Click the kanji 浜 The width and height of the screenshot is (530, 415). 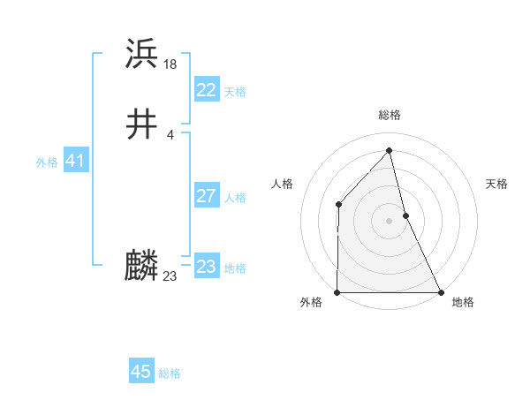coord(142,55)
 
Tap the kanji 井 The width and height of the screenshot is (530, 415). coord(142,125)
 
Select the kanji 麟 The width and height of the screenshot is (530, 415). coord(142,266)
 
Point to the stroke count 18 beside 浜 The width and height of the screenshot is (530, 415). coord(171,64)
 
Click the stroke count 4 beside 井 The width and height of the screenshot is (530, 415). coord(170,134)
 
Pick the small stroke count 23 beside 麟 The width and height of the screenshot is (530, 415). coord(170,276)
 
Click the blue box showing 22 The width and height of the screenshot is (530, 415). coord(206,90)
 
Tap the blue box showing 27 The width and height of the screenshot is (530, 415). coord(206,196)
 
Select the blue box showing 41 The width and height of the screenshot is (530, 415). coord(75,162)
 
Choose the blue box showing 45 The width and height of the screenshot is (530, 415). coord(141,372)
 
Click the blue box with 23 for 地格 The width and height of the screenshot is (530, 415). coord(206,267)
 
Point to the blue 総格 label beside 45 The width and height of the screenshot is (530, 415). coord(170,373)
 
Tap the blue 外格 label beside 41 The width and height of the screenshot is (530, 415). coord(47,162)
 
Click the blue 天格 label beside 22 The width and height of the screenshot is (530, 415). coord(235,92)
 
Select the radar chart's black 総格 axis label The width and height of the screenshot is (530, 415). coord(390,115)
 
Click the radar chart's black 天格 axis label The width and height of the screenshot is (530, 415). coord(497,184)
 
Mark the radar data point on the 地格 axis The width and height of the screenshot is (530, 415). coord(440,291)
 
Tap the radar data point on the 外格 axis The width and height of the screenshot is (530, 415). coord(338,291)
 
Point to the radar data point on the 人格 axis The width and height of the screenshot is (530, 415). coord(338,205)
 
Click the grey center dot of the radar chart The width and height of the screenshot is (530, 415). coord(390,221)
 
